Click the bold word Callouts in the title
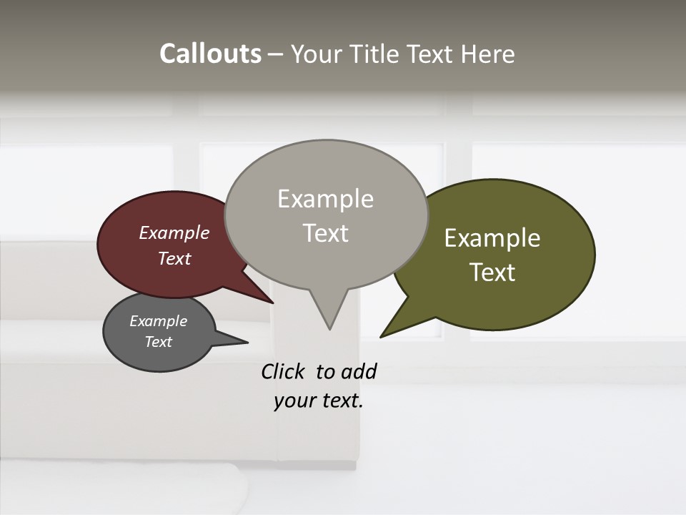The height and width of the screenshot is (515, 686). coord(210,54)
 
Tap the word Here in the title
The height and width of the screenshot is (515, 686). coord(488,54)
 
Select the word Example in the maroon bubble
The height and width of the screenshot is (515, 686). coord(174,232)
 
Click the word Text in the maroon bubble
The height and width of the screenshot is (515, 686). coord(174,258)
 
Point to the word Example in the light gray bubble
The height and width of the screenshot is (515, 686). coord(325,199)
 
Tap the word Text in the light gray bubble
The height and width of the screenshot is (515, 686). coord(325,232)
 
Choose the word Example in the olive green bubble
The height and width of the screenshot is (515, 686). coord(492,238)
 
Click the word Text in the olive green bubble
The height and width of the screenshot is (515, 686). coord(492,272)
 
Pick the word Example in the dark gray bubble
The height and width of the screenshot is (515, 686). coord(159,321)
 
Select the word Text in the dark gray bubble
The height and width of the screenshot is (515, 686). coord(159,342)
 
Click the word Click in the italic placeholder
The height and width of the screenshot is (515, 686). coord(282,371)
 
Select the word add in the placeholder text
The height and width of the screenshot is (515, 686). coord(359,371)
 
